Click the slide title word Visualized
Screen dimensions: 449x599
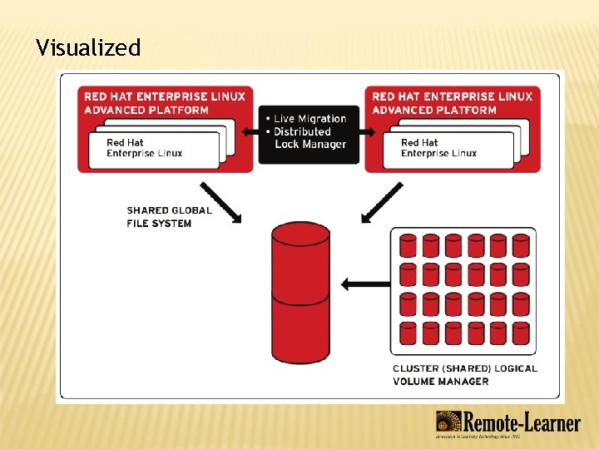point(88,48)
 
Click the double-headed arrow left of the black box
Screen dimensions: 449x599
point(247,131)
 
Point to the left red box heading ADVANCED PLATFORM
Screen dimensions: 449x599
point(146,110)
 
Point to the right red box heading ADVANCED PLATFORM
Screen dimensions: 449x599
point(434,110)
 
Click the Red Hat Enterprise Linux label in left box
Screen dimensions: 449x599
point(144,148)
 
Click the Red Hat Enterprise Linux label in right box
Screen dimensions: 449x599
point(438,148)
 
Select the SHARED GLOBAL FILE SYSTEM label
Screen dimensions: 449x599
point(169,216)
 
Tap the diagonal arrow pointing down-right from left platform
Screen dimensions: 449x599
point(220,202)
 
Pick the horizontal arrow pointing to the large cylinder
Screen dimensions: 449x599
point(365,284)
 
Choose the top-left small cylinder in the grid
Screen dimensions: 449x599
point(408,245)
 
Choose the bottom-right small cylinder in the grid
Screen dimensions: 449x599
point(521,333)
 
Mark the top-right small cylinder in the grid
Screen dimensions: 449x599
point(521,245)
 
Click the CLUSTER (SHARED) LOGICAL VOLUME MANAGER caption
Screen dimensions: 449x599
point(464,374)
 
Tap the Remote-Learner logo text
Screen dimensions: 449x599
point(522,423)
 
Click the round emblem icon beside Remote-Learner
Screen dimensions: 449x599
point(448,423)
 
